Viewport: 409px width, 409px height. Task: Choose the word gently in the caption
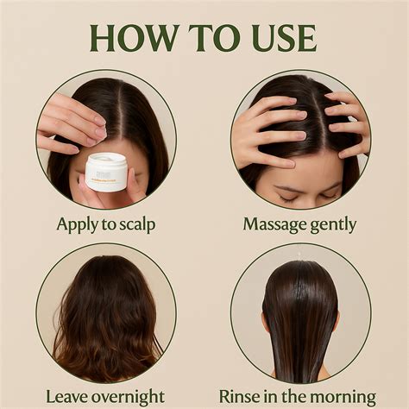[335, 225]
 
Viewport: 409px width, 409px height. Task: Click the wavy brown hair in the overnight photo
[105, 319]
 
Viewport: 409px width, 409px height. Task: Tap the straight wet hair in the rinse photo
[300, 319]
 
